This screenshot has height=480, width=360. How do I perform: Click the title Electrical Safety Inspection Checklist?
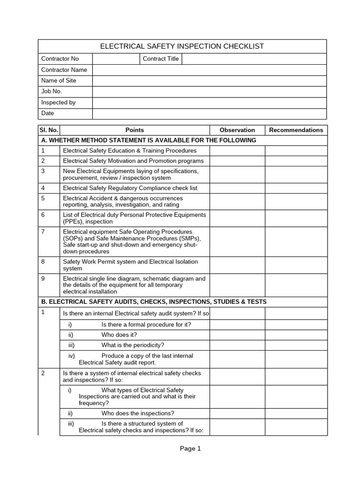pos(182,46)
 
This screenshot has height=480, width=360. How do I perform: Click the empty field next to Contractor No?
pos(116,59)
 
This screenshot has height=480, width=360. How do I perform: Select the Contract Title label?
pos(160,59)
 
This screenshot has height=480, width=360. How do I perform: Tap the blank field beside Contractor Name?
pos(209,70)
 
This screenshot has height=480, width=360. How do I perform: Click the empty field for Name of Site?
pos(209,81)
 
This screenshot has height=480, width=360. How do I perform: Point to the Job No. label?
pos(52,91)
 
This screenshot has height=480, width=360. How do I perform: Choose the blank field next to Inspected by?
pos(209,103)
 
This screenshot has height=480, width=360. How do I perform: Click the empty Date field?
pos(209,113)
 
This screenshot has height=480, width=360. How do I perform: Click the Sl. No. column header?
pos(49,130)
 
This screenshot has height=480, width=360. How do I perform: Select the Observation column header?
pos(237,130)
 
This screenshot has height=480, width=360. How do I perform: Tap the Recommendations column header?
pos(296,130)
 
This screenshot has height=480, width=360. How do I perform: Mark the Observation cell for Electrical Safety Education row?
pos(237,150)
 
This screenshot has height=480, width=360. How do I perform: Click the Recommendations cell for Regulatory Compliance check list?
pos(296,188)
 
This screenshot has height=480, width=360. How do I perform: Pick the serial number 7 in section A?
pos(43,232)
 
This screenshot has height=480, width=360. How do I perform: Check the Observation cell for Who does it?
pos(237,335)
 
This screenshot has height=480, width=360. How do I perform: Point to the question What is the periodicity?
pos(133,345)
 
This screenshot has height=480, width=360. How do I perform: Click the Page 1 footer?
pos(190,449)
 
